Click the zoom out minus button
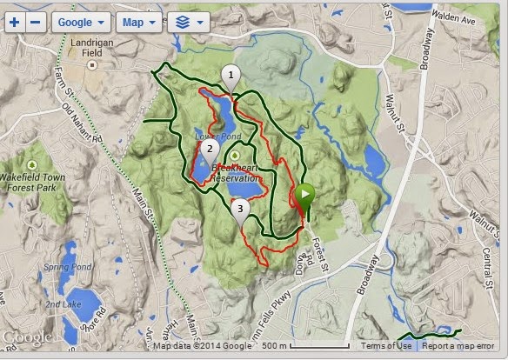(36, 21)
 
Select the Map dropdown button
(139, 21)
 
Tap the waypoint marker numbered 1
(231, 76)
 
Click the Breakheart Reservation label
(243, 169)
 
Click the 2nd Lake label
(63, 304)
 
